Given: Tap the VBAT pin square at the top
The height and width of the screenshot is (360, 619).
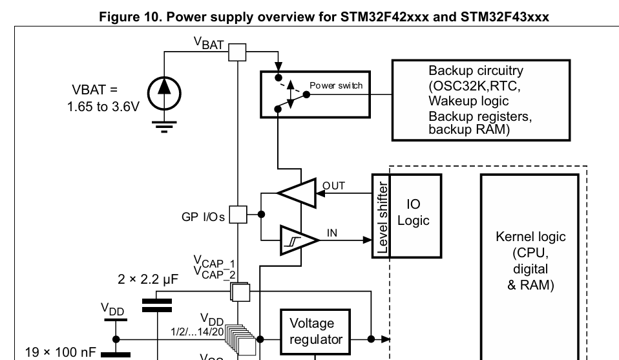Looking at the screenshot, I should [x=238, y=52].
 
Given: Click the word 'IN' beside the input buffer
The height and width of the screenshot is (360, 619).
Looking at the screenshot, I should [x=332, y=233].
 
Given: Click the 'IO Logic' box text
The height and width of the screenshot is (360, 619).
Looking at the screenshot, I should [x=414, y=213].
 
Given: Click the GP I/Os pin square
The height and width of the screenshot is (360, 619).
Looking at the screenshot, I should [x=238, y=214].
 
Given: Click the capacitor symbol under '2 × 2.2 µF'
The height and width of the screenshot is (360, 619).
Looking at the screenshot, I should [x=157, y=305].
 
